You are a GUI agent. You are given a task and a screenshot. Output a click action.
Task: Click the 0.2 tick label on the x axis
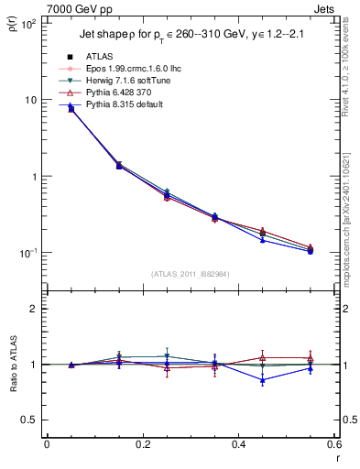click(x=142, y=444)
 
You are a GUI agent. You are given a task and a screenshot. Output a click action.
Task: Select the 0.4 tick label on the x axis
click(x=237, y=444)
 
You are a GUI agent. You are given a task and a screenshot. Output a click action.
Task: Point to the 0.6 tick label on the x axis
click(x=333, y=444)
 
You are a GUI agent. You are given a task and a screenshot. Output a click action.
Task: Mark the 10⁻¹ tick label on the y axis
click(x=28, y=253)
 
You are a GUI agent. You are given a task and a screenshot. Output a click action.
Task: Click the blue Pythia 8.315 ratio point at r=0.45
click(x=262, y=379)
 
